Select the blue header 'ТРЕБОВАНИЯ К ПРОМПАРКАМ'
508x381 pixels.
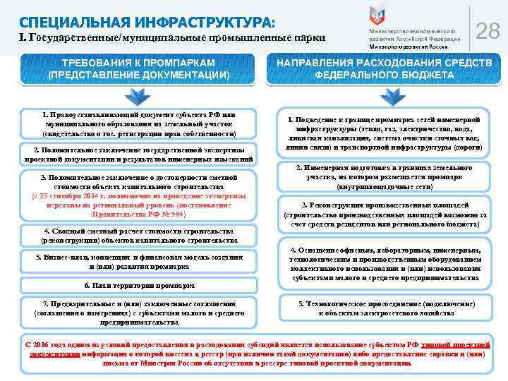(x=138, y=68)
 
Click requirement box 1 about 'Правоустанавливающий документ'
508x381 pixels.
(x=138, y=123)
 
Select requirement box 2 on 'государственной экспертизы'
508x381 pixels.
(x=138, y=155)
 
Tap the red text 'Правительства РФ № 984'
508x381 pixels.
(x=139, y=213)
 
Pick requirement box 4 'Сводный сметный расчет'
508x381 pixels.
(x=138, y=236)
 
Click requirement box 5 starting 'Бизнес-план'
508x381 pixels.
(x=138, y=262)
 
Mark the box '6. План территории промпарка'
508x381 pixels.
(x=138, y=286)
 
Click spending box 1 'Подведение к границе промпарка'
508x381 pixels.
(x=385, y=134)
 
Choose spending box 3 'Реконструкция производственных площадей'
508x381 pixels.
(x=385, y=214)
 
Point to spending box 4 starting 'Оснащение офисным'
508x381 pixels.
(x=385, y=263)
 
